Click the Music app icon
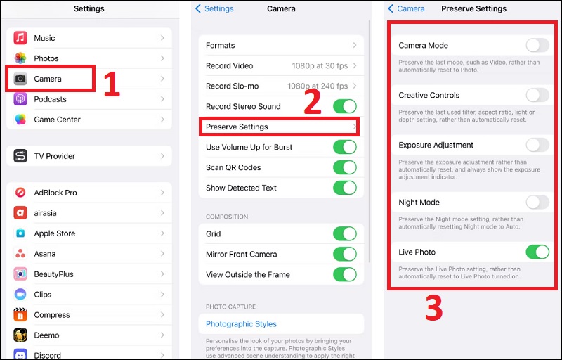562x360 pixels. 20,38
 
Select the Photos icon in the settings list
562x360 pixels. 20,58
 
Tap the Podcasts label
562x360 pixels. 51,99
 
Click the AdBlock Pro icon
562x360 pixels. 20,193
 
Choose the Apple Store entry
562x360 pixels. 55,233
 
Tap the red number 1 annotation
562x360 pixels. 111,84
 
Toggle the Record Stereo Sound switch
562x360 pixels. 344,107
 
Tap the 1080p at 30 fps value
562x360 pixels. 320,66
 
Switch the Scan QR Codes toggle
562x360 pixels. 344,167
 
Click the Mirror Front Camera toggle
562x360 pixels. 344,255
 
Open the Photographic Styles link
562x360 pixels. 241,324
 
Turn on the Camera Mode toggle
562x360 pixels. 537,46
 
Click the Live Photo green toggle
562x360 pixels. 537,252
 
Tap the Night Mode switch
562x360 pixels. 537,202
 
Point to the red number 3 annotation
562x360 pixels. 434,309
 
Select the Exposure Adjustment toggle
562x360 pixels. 537,146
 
